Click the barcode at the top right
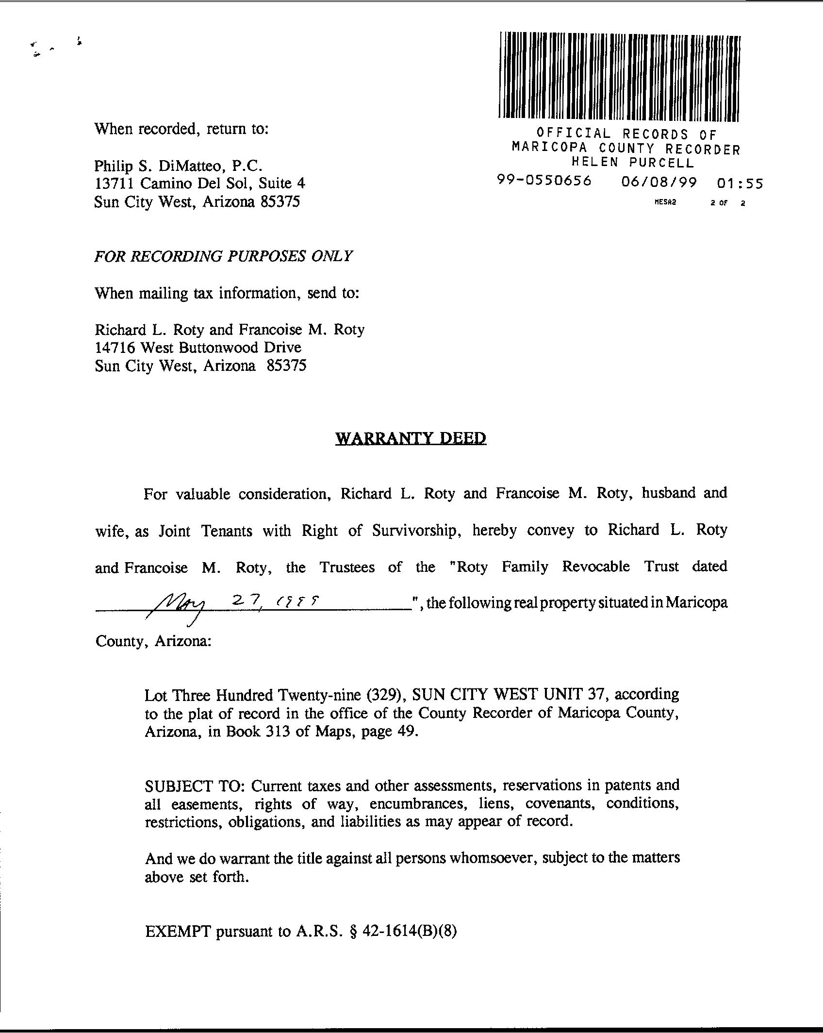click(x=619, y=76)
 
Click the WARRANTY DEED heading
click(x=411, y=438)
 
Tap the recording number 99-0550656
click(x=544, y=181)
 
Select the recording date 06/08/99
click(x=658, y=183)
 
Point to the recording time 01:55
click(x=739, y=183)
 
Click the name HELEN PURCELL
click(x=633, y=162)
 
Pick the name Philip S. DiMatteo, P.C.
click(x=178, y=166)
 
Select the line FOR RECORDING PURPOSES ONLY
click(x=223, y=256)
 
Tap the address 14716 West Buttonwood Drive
click(x=198, y=348)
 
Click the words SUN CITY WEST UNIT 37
click(x=507, y=695)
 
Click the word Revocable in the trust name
click(x=596, y=566)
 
